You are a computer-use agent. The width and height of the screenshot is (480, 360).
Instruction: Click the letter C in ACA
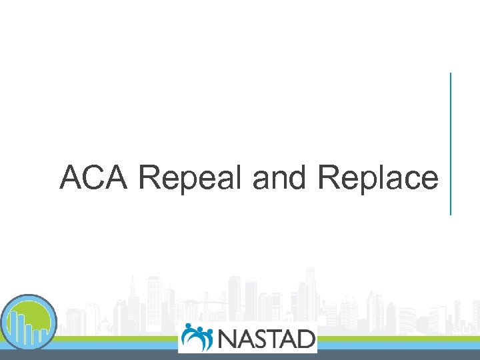[95, 178]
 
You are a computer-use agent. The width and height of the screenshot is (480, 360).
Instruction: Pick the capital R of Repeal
[150, 178]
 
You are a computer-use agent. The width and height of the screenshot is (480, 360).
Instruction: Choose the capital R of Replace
[329, 178]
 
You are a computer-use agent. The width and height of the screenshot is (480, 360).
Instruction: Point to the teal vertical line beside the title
[451, 143]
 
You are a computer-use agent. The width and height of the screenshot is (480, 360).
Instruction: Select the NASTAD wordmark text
[265, 338]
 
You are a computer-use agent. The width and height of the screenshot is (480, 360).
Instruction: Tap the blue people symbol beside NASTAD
[197, 337]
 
